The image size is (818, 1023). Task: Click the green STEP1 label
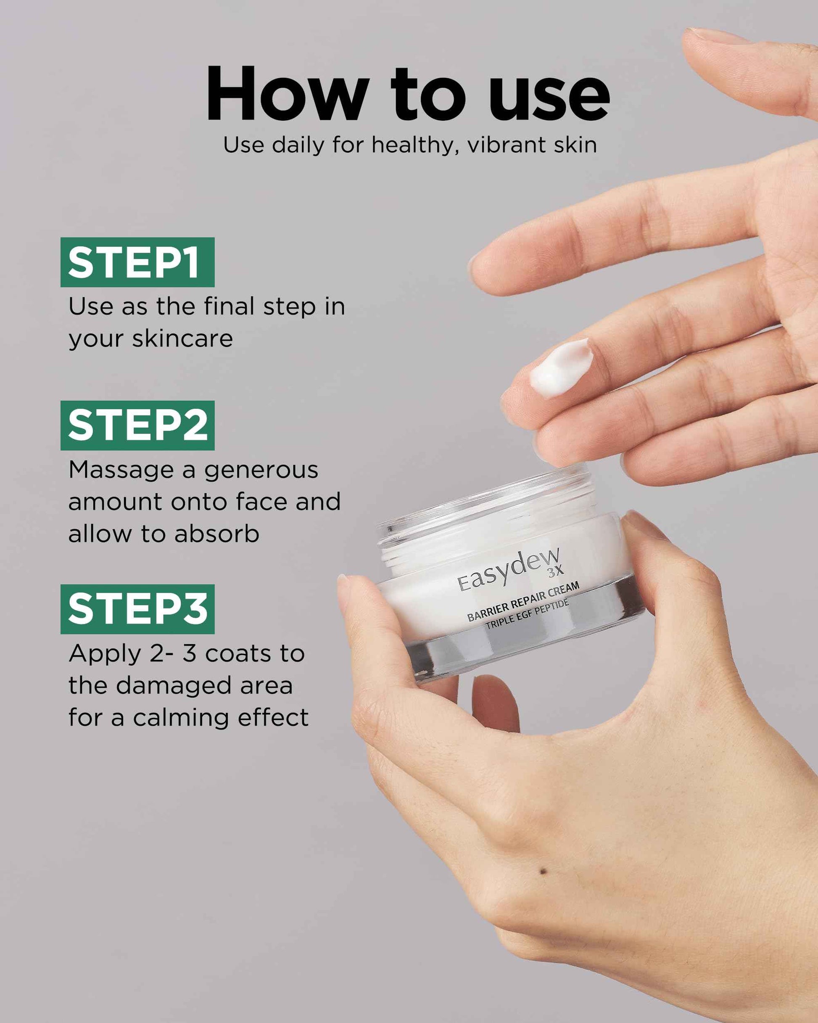coord(137,262)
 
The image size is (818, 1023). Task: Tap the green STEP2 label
coord(137,425)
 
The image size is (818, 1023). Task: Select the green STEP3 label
coord(137,609)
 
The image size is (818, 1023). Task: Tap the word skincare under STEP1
coord(183,339)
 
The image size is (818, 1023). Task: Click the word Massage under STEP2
coord(121,470)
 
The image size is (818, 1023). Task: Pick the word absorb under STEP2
coord(217,534)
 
